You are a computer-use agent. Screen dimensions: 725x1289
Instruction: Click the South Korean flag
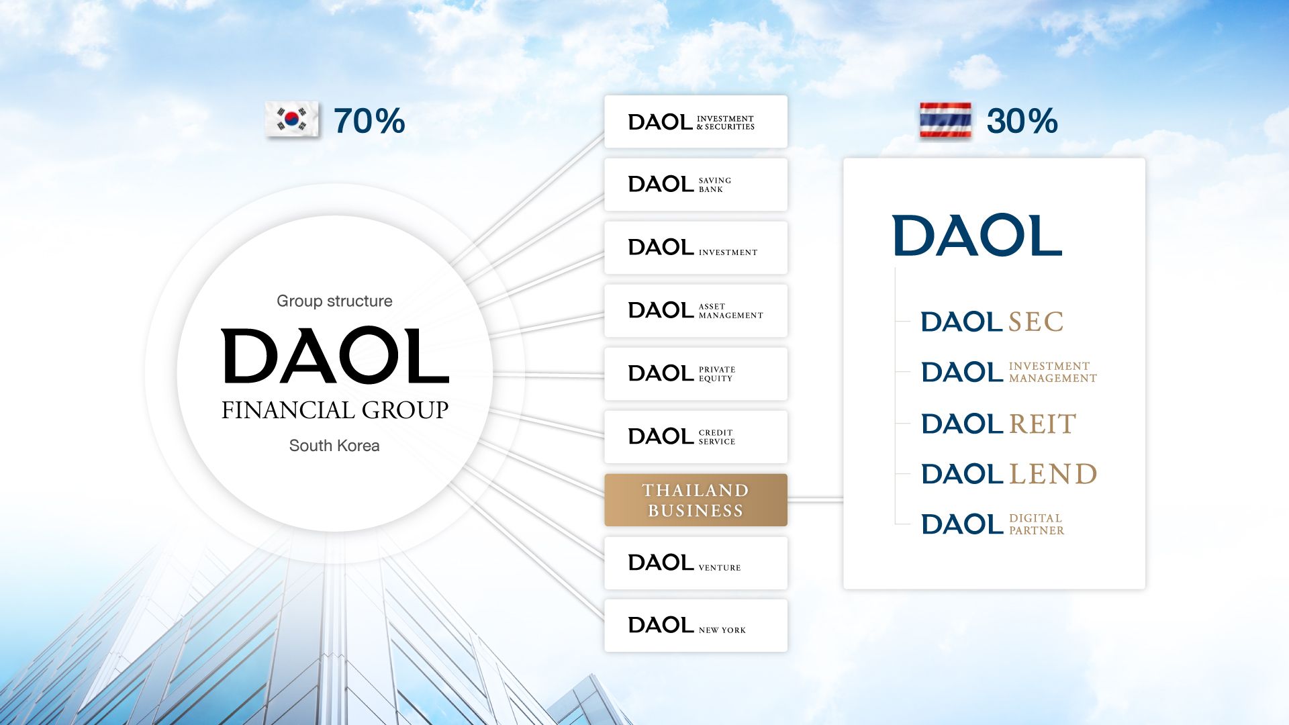click(x=292, y=120)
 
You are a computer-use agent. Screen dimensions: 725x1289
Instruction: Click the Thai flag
click(x=945, y=120)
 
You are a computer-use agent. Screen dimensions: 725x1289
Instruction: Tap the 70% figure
click(x=369, y=122)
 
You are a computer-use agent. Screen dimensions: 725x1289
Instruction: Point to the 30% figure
click(x=1022, y=122)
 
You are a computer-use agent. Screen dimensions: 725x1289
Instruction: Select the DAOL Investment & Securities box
click(x=696, y=122)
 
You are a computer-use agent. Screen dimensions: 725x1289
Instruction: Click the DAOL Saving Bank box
click(x=696, y=185)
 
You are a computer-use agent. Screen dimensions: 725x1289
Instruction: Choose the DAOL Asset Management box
click(x=696, y=311)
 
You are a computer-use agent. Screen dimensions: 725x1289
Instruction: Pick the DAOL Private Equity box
click(x=696, y=374)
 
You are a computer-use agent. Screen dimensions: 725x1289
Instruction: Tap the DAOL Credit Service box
click(x=696, y=437)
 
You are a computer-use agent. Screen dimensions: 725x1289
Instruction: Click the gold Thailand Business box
click(x=696, y=500)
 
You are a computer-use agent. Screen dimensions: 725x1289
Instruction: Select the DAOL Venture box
click(x=696, y=563)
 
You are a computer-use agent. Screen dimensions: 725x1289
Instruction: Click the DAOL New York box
click(x=696, y=626)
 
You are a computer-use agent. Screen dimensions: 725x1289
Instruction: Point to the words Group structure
click(x=334, y=301)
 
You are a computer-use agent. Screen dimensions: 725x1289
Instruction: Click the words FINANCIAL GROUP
click(x=334, y=410)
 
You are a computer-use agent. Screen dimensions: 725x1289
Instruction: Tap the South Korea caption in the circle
click(x=334, y=446)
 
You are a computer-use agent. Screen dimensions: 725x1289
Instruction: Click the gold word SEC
click(x=1036, y=322)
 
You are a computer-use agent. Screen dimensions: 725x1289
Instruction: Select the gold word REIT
click(x=1043, y=424)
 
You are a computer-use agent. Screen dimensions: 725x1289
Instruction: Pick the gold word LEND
click(x=1053, y=475)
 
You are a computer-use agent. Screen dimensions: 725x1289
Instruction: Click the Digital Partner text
click(x=1037, y=524)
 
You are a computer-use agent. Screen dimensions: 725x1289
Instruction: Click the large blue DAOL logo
click(x=977, y=236)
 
